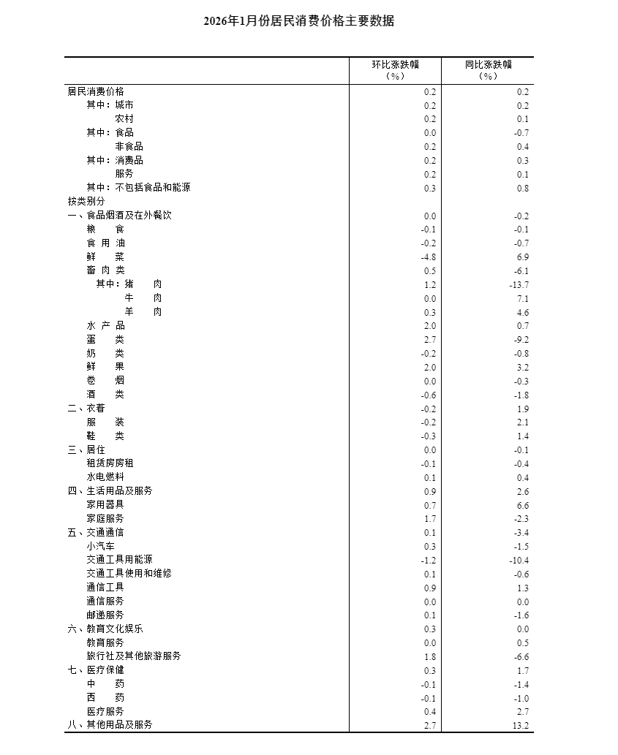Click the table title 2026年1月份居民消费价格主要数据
pyautogui.click(x=299, y=22)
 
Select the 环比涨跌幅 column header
pyautogui.click(x=395, y=64)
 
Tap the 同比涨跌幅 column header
pyautogui.click(x=488, y=64)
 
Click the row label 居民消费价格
pyautogui.click(x=96, y=91)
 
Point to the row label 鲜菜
pyautogui.click(x=105, y=257)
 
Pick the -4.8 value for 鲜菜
pyautogui.click(x=429, y=257)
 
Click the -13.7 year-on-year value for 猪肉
pyautogui.click(x=519, y=285)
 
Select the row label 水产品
pyautogui.click(x=105, y=325)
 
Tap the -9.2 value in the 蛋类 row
pyautogui.click(x=521, y=340)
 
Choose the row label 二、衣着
pyautogui.click(x=86, y=409)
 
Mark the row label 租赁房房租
pyautogui.click(x=110, y=463)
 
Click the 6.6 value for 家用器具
pyautogui.click(x=523, y=506)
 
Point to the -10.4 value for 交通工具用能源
pyautogui.click(x=519, y=561)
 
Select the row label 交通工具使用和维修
pyautogui.click(x=129, y=574)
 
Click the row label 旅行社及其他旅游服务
pyautogui.click(x=133, y=656)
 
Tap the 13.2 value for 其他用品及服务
pyautogui.click(x=521, y=726)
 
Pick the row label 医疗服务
pyautogui.click(x=105, y=711)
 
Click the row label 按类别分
pyautogui.click(x=86, y=201)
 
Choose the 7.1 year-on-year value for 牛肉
pyautogui.click(x=523, y=299)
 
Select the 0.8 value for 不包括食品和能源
pyautogui.click(x=523, y=189)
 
